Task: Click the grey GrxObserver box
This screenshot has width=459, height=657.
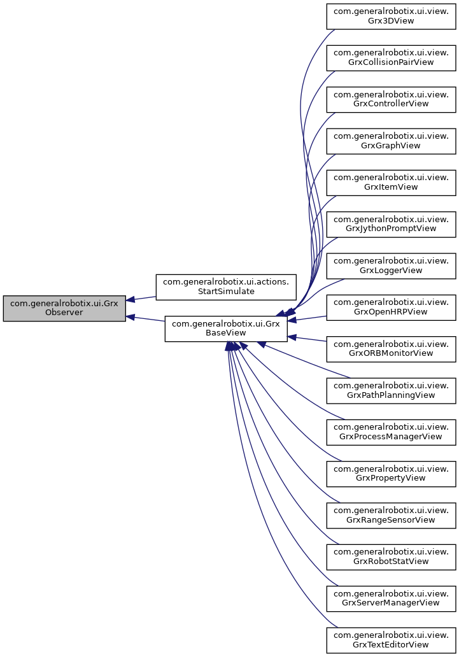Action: point(64,308)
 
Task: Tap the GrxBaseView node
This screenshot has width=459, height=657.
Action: point(226,328)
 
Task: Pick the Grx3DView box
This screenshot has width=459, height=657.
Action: point(392,15)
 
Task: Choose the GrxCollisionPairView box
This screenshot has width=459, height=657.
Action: point(392,57)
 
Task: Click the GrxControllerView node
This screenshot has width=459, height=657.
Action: point(392,98)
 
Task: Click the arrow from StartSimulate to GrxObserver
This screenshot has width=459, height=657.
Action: point(141,298)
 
